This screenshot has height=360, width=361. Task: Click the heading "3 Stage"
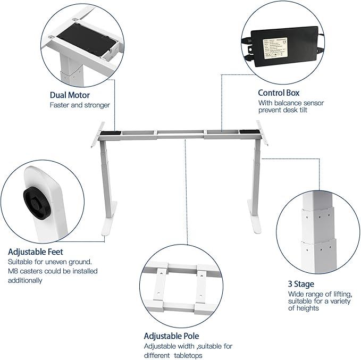click(301, 284)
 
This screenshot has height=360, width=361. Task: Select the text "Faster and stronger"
click(80, 105)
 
